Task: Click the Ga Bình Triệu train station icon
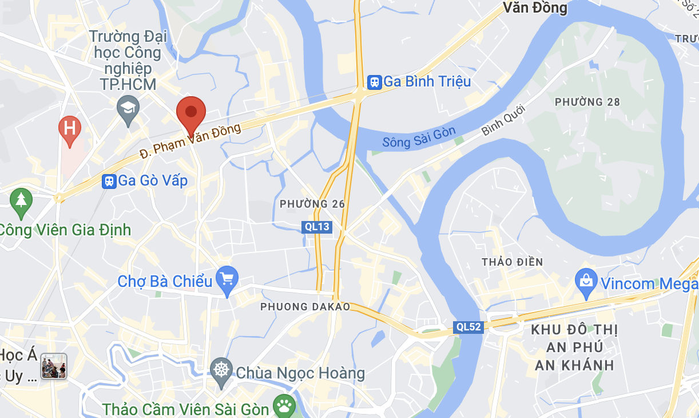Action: [375, 82]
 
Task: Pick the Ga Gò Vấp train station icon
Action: [109, 182]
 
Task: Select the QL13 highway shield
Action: [317, 227]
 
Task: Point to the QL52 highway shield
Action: [468, 328]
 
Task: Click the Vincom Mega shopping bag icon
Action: [586, 281]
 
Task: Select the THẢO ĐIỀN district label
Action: [512, 262]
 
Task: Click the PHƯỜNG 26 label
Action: [304, 204]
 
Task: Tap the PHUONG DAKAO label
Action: [305, 307]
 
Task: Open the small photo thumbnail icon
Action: [54, 366]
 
